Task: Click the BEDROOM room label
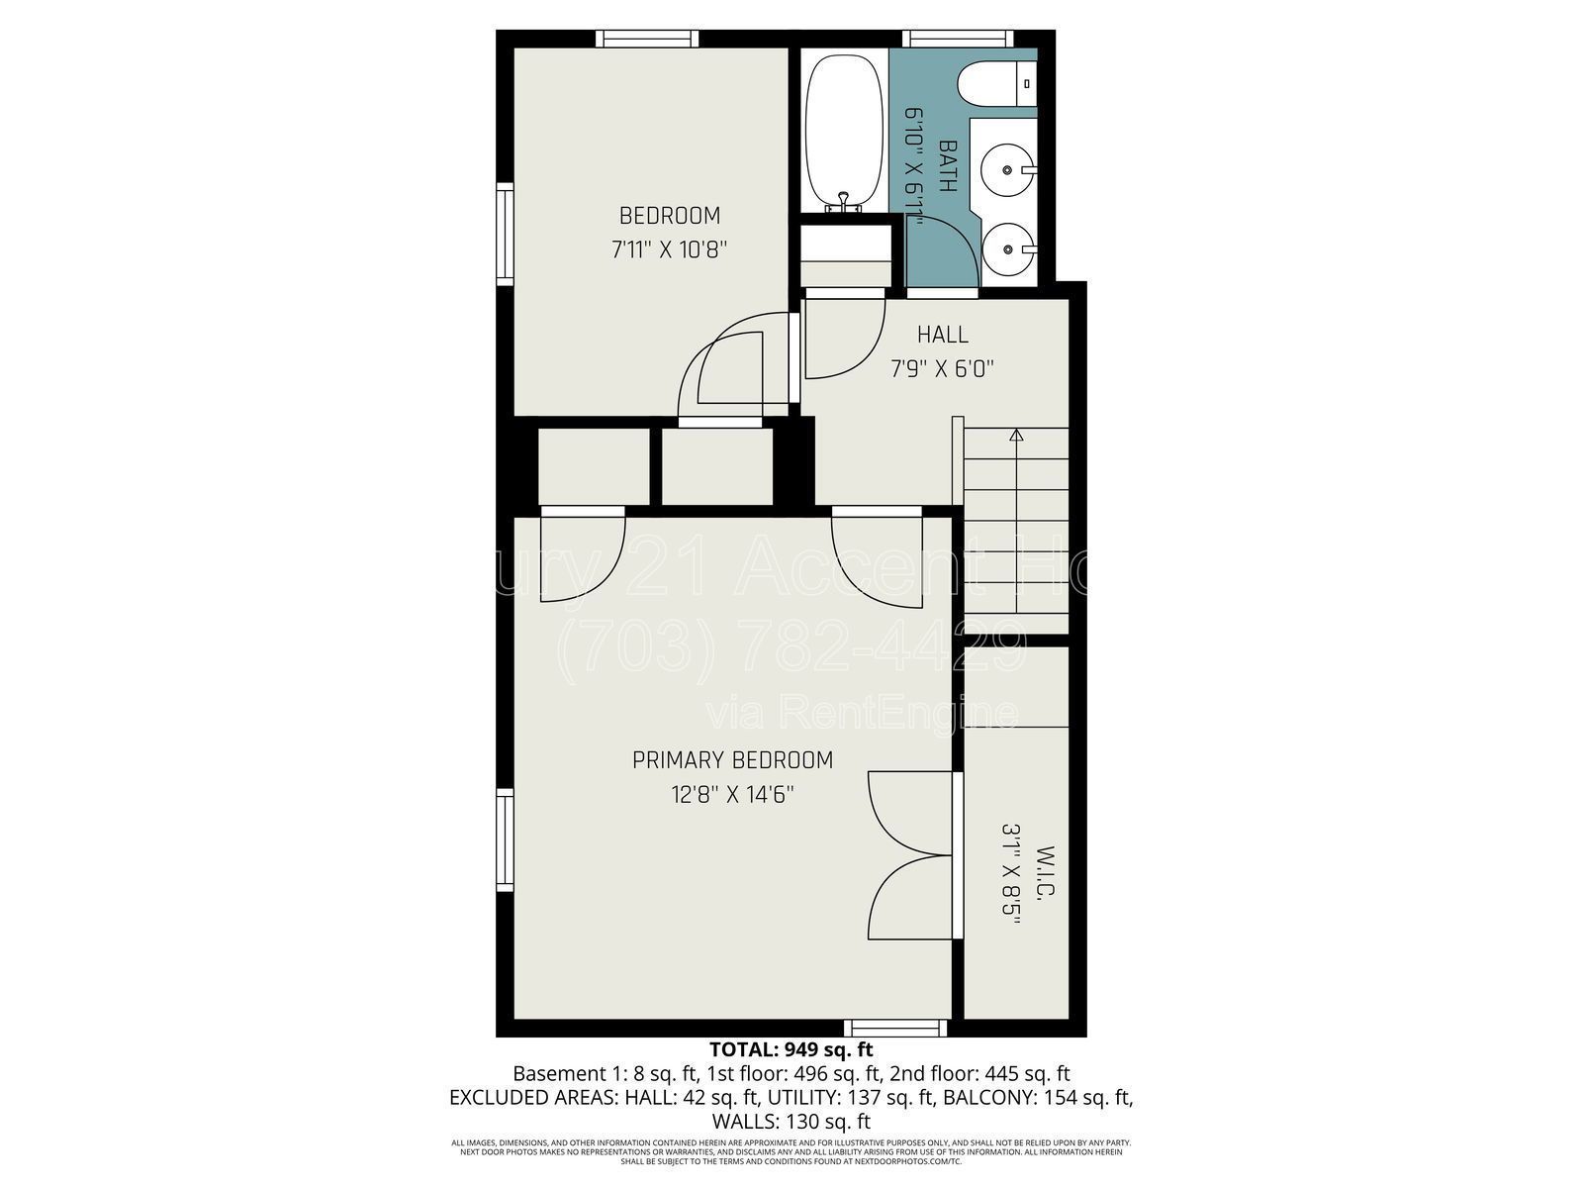[670, 215]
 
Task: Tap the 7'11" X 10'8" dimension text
[670, 248]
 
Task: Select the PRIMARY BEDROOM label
[732, 760]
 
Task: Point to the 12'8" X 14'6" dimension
[732, 794]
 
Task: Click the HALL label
[942, 335]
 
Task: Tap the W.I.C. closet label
[1046, 871]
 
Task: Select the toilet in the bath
[994, 83]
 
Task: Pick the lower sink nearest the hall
[1007, 250]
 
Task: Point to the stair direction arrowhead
[1015, 435]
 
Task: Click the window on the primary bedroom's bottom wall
[895, 1029]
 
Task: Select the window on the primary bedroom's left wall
[505, 841]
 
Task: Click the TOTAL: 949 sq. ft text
[791, 1049]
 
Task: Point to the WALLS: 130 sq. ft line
[791, 1122]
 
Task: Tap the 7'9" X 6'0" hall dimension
[942, 369]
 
